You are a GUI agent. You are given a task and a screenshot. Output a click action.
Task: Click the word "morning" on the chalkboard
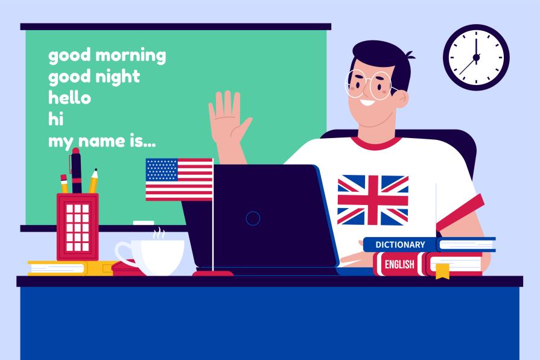tap(131, 56)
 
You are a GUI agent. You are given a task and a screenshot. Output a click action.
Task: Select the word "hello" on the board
tap(69, 98)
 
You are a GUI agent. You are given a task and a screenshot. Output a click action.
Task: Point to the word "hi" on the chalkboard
tap(56, 119)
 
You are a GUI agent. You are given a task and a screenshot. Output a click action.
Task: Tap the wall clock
tap(476, 57)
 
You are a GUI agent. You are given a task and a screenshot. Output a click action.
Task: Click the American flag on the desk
tap(179, 179)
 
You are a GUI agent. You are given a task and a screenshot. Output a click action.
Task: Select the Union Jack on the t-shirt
tap(372, 200)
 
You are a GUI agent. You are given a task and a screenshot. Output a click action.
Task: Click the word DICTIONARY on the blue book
tap(400, 245)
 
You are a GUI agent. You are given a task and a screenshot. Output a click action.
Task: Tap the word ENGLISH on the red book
tap(399, 264)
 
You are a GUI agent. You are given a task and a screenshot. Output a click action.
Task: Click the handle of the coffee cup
tap(124, 253)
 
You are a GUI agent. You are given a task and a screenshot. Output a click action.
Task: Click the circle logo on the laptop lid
tap(253, 218)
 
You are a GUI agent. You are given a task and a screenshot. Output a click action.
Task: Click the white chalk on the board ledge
tap(144, 223)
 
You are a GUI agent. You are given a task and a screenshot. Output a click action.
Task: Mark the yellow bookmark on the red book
tap(442, 271)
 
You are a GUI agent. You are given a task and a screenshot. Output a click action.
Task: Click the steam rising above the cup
tap(159, 232)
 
